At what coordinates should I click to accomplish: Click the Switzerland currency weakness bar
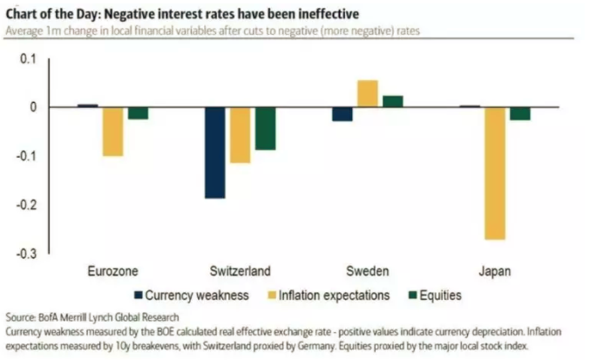[215, 153]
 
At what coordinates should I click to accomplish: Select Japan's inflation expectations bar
[494, 173]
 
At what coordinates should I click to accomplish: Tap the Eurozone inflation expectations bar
[112, 132]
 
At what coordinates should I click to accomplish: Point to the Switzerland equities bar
[265, 128]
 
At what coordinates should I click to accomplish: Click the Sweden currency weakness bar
[342, 114]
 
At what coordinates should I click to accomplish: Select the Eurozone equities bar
[138, 113]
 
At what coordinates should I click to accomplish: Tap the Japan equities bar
[520, 113]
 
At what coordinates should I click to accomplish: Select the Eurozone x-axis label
[112, 270]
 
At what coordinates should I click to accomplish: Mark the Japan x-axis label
[495, 270]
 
